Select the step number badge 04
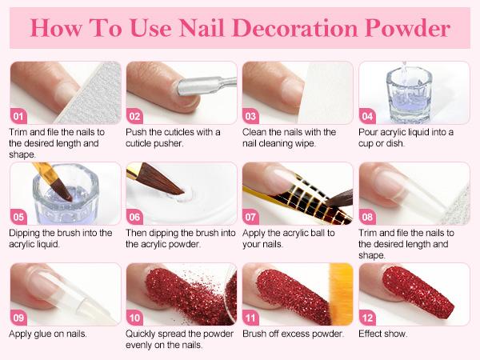tap(369, 114)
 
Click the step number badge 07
tap(252, 217)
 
